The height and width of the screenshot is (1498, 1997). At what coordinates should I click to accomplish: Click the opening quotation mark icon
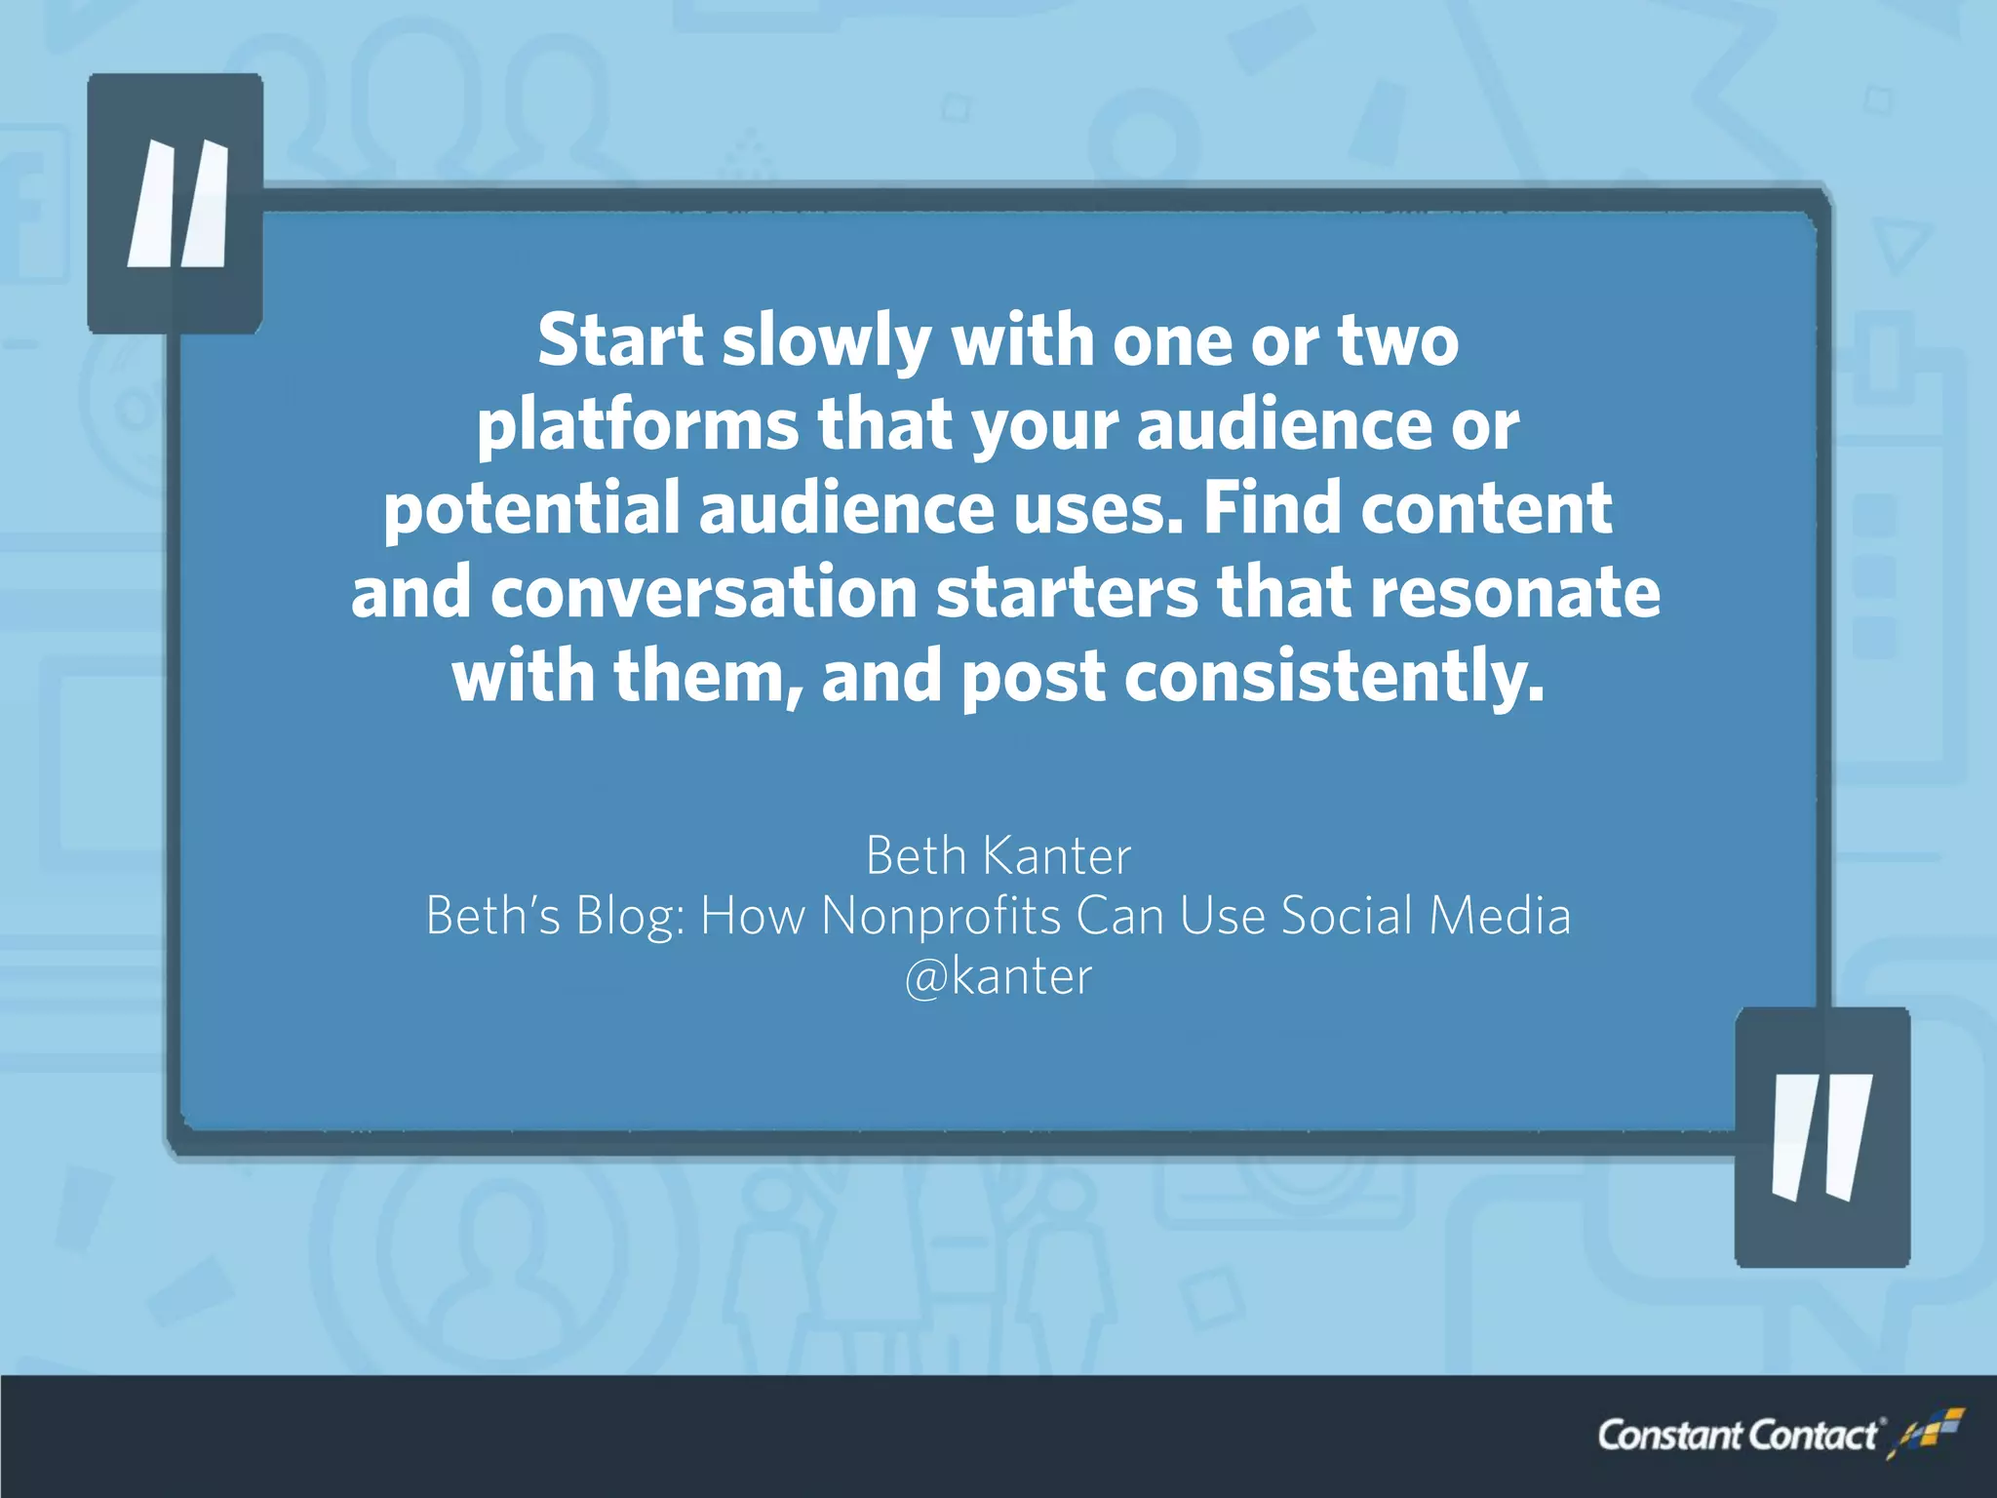(176, 204)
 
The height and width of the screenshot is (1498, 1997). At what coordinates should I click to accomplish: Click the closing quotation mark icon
(1821, 1137)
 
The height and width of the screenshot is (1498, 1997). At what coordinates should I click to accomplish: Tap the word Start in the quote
(620, 340)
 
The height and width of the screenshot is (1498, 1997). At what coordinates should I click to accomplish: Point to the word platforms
(638, 427)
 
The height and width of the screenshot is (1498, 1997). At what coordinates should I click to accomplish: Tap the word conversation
(703, 592)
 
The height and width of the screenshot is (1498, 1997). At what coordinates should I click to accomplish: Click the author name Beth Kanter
(998, 855)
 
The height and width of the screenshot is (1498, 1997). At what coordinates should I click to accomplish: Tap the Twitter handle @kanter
(998, 976)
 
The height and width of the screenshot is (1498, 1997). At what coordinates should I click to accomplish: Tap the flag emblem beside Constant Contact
(1925, 1432)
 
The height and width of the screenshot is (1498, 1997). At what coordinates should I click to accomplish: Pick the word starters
(1067, 592)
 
